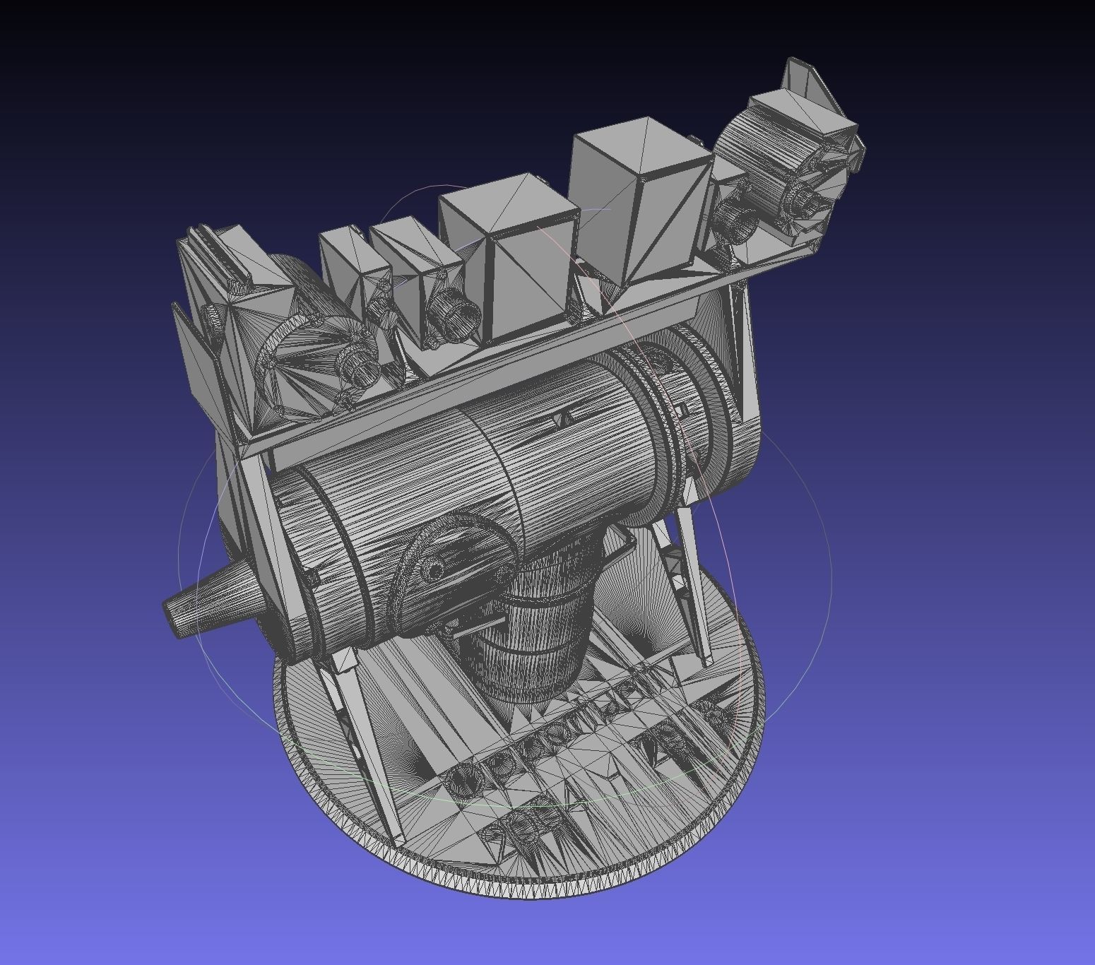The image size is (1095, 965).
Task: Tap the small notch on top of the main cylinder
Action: tap(562, 417)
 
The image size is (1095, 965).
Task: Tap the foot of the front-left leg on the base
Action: tap(396, 834)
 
